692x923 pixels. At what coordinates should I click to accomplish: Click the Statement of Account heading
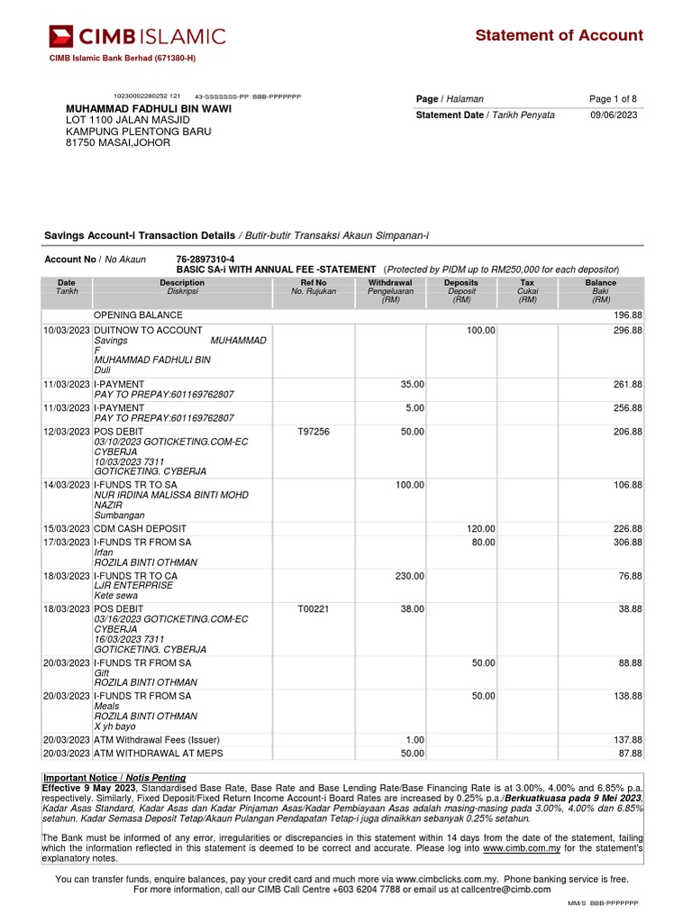point(559,35)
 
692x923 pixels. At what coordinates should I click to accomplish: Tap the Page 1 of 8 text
point(613,99)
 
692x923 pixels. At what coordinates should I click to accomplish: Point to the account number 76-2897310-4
point(205,259)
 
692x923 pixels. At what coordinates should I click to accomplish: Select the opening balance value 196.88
point(626,315)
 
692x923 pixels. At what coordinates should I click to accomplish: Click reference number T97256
point(313,432)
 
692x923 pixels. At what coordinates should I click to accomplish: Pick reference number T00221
point(313,609)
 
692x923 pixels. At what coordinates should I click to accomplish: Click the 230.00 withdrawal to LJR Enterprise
point(409,576)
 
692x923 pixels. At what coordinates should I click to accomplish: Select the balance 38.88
point(628,609)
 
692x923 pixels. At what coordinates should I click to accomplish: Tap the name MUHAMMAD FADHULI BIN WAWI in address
point(149,109)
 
